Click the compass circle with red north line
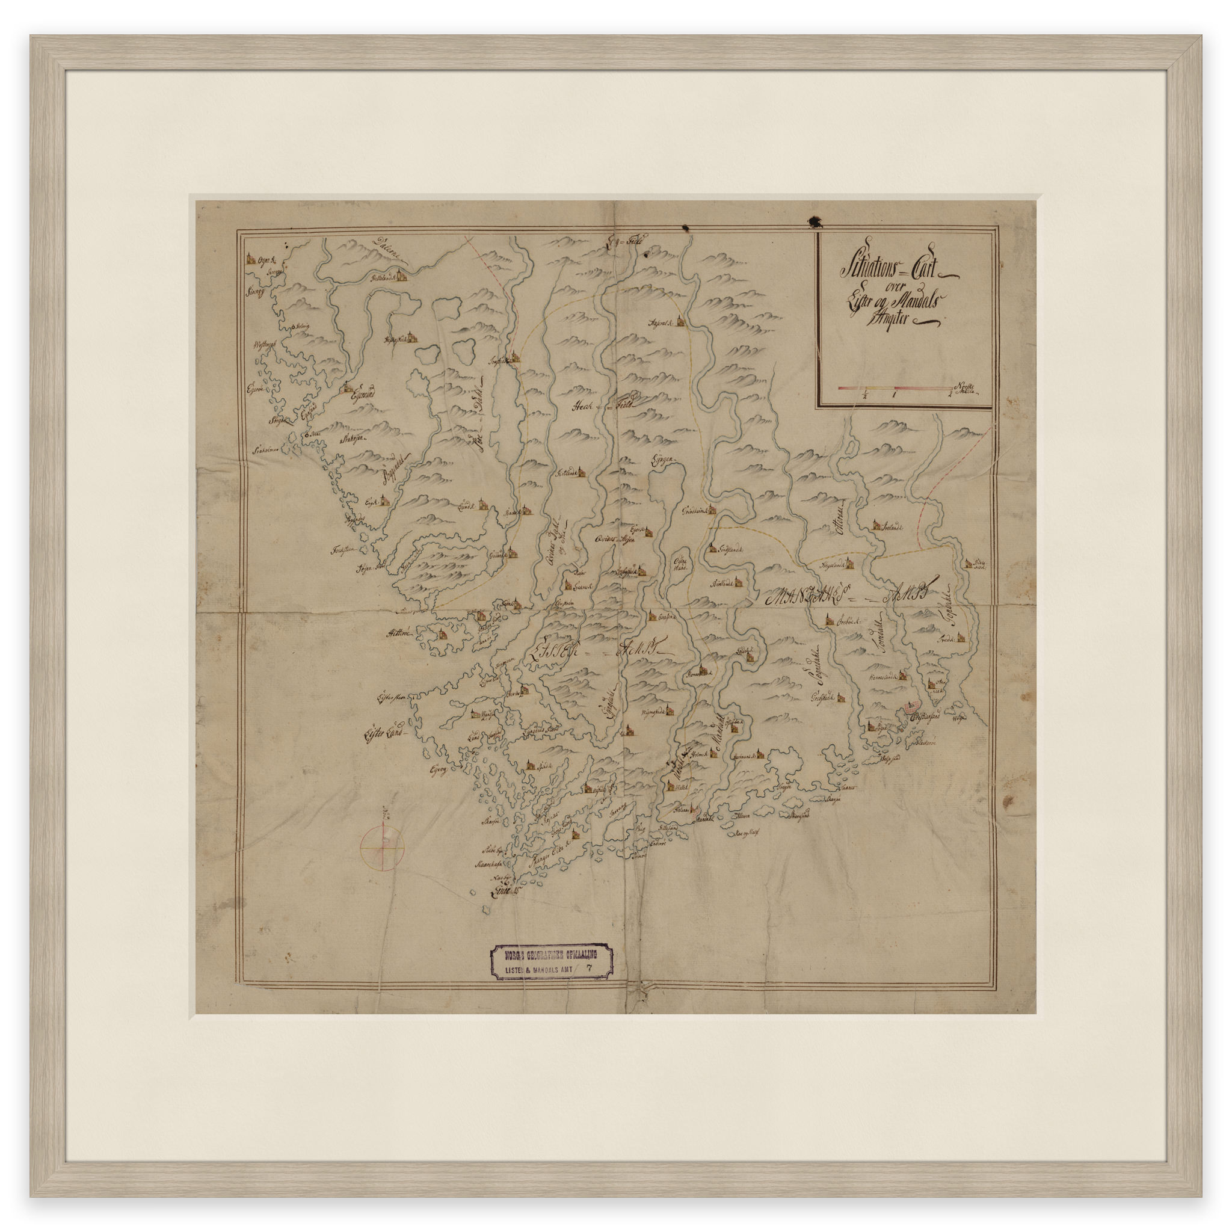[382, 847]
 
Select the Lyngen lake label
[662, 464]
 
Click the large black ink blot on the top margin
[815, 221]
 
